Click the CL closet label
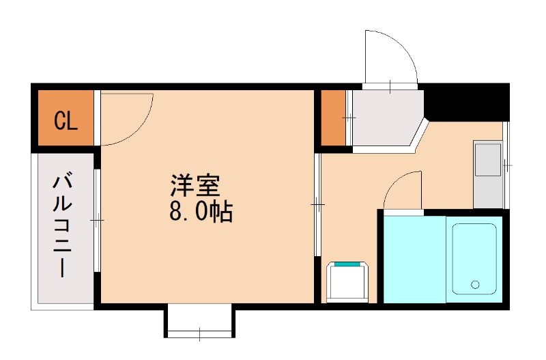[x=66, y=121]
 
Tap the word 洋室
[x=195, y=186]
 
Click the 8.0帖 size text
[x=201, y=212]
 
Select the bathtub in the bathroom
[x=474, y=259]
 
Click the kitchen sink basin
[x=487, y=160]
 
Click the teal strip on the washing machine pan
[x=348, y=264]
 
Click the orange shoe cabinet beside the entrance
[x=333, y=117]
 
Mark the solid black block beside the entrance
[x=467, y=100]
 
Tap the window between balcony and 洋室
[x=98, y=220]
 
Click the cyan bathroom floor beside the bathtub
[x=414, y=259]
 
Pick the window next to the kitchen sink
[x=506, y=165]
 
